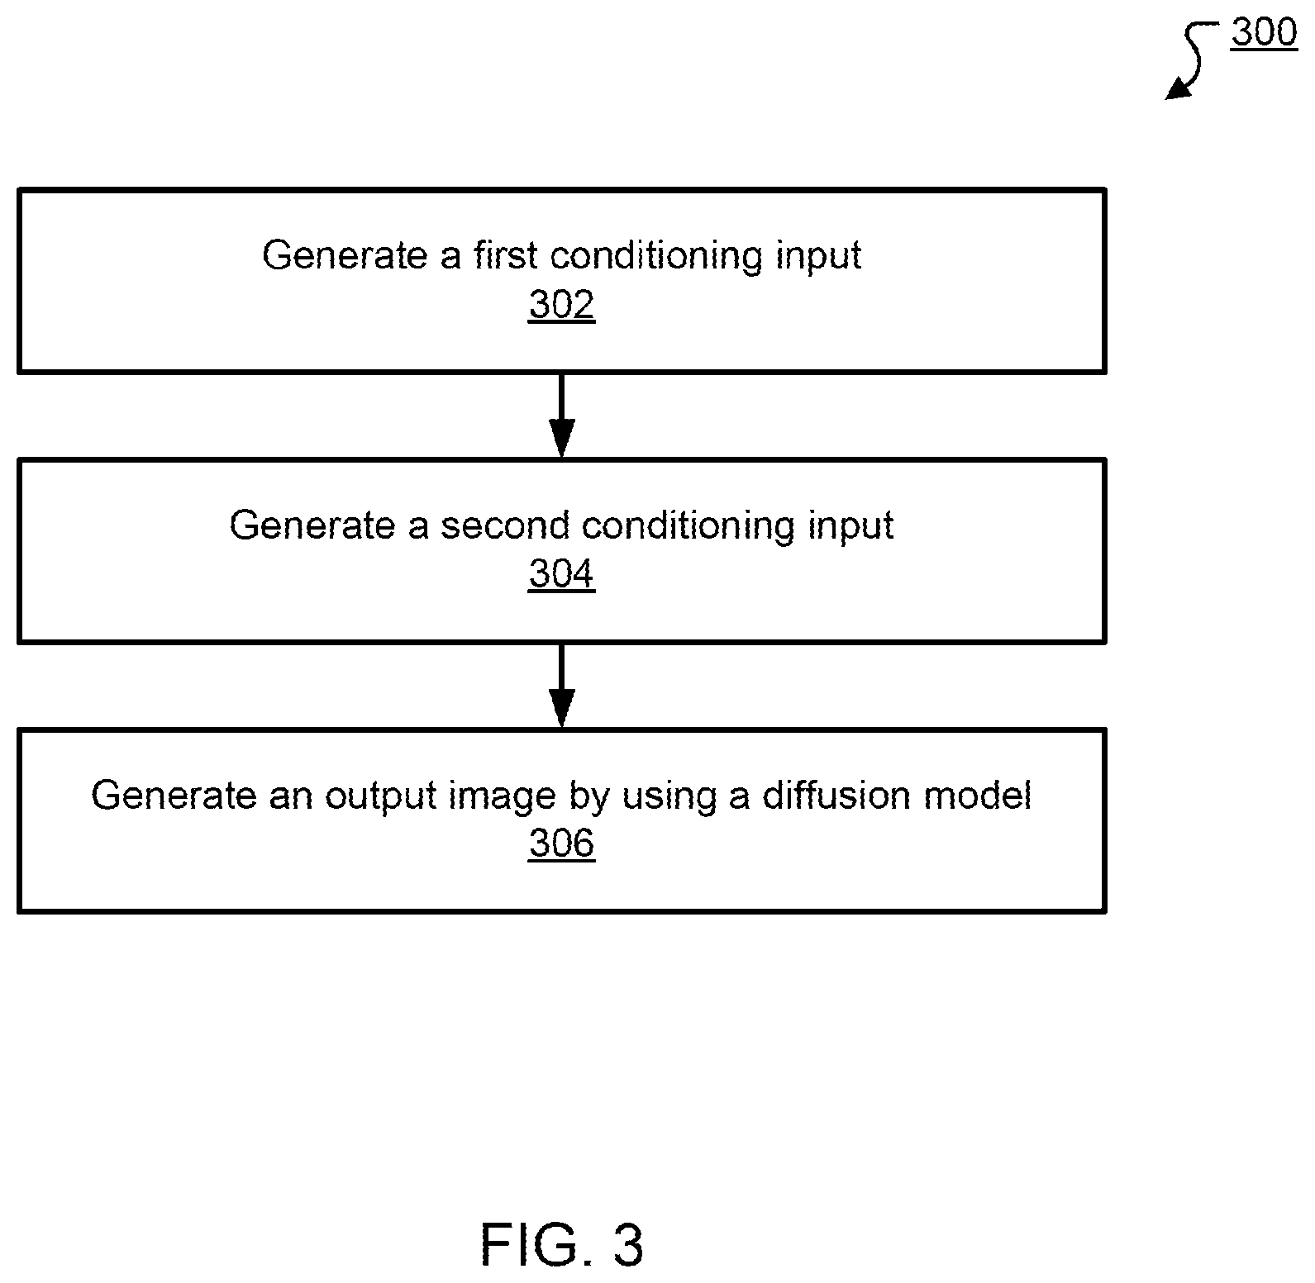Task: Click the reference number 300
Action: pyautogui.click(x=1264, y=33)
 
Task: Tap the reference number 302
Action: pyautogui.click(x=561, y=305)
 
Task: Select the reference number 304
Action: pyautogui.click(x=561, y=574)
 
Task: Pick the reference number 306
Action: pyautogui.click(x=561, y=843)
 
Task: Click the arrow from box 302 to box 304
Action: pyautogui.click(x=561, y=416)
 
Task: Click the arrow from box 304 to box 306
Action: pyautogui.click(x=561, y=685)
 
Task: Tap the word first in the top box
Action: pyautogui.click(x=507, y=255)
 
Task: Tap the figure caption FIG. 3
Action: pyautogui.click(x=561, y=1245)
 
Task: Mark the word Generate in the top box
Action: pyautogui.click(x=345, y=255)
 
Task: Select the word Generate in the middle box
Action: pyautogui.click(x=312, y=525)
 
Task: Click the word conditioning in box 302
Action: pyautogui.click(x=657, y=257)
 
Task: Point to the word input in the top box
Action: pyautogui.click(x=818, y=257)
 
